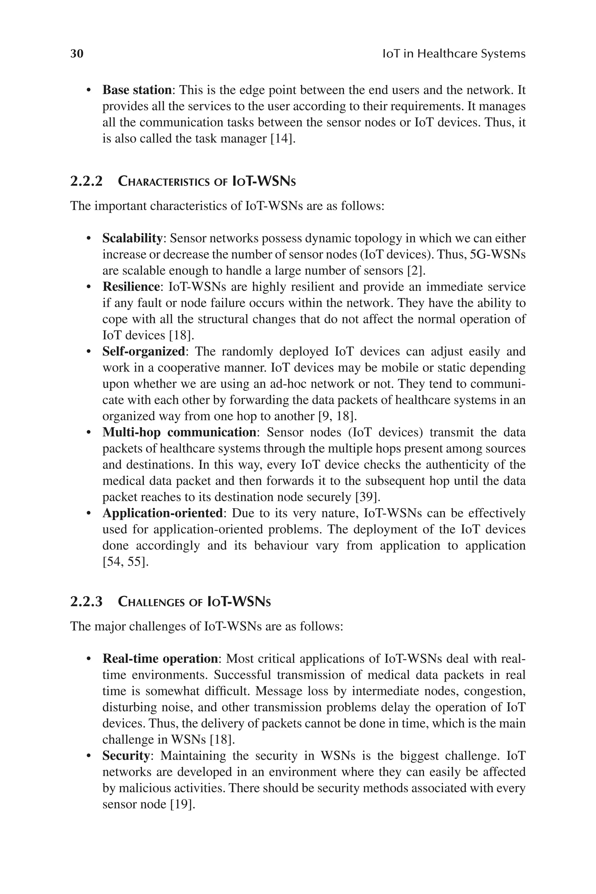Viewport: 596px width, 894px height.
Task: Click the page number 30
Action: (77, 54)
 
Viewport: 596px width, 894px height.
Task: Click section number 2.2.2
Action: (87, 181)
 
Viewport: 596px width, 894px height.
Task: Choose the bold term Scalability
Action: (133, 238)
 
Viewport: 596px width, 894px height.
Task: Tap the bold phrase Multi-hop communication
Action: (179, 432)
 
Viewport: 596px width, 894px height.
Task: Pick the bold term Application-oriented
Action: (163, 513)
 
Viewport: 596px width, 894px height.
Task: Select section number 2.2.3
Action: (87, 602)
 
